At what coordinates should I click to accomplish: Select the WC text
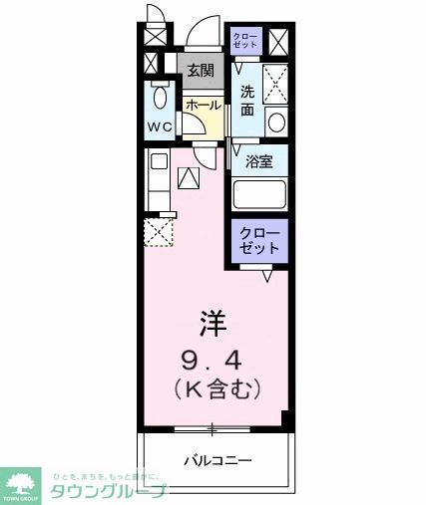(161, 127)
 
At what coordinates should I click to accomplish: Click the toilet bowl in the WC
(161, 99)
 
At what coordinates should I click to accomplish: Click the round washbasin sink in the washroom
(276, 123)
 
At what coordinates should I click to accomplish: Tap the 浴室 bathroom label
(260, 161)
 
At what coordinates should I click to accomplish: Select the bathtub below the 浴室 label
(259, 194)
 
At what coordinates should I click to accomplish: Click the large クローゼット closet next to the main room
(259, 241)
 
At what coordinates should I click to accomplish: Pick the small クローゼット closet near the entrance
(244, 41)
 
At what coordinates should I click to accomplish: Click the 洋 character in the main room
(212, 323)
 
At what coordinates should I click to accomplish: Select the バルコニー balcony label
(216, 460)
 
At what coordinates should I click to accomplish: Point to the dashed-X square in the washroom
(275, 80)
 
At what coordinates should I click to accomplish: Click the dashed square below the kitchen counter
(159, 232)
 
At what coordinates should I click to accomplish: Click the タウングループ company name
(108, 489)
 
